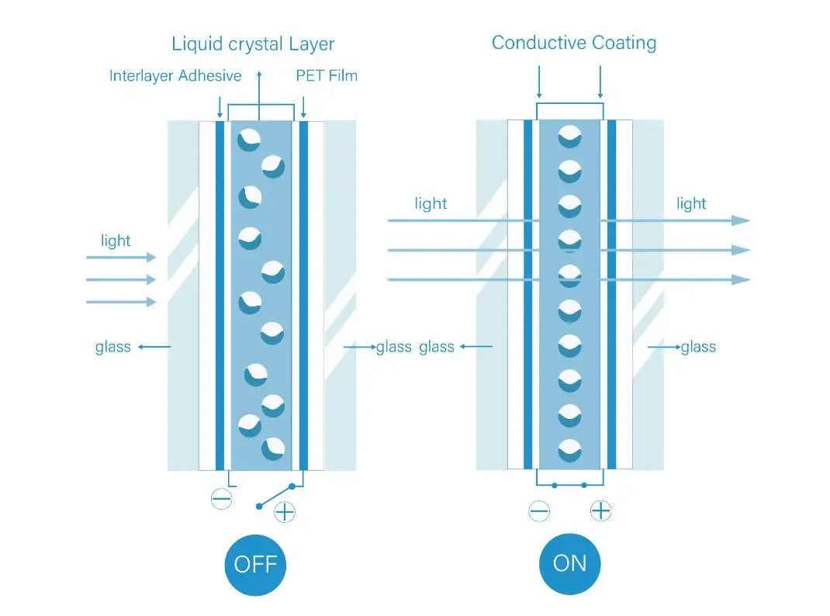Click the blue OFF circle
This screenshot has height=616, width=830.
point(255,564)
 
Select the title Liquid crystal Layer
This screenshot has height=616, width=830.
point(253,43)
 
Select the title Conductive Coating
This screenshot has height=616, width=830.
point(574,43)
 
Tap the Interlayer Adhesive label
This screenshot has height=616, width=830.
point(175,76)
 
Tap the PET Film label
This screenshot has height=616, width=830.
point(327,76)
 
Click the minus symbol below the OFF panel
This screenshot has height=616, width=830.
point(221,499)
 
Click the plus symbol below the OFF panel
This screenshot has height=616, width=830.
point(285,511)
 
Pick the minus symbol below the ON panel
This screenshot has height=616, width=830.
point(539,511)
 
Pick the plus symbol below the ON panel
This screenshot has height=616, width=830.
point(600,510)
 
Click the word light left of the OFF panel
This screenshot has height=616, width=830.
point(116,241)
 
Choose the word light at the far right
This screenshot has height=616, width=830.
point(691,204)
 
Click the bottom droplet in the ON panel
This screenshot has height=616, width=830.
point(570,449)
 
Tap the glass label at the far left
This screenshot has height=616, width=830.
point(113,347)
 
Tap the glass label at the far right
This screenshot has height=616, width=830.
point(698,347)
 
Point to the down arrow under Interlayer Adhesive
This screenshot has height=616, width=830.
point(220,106)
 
